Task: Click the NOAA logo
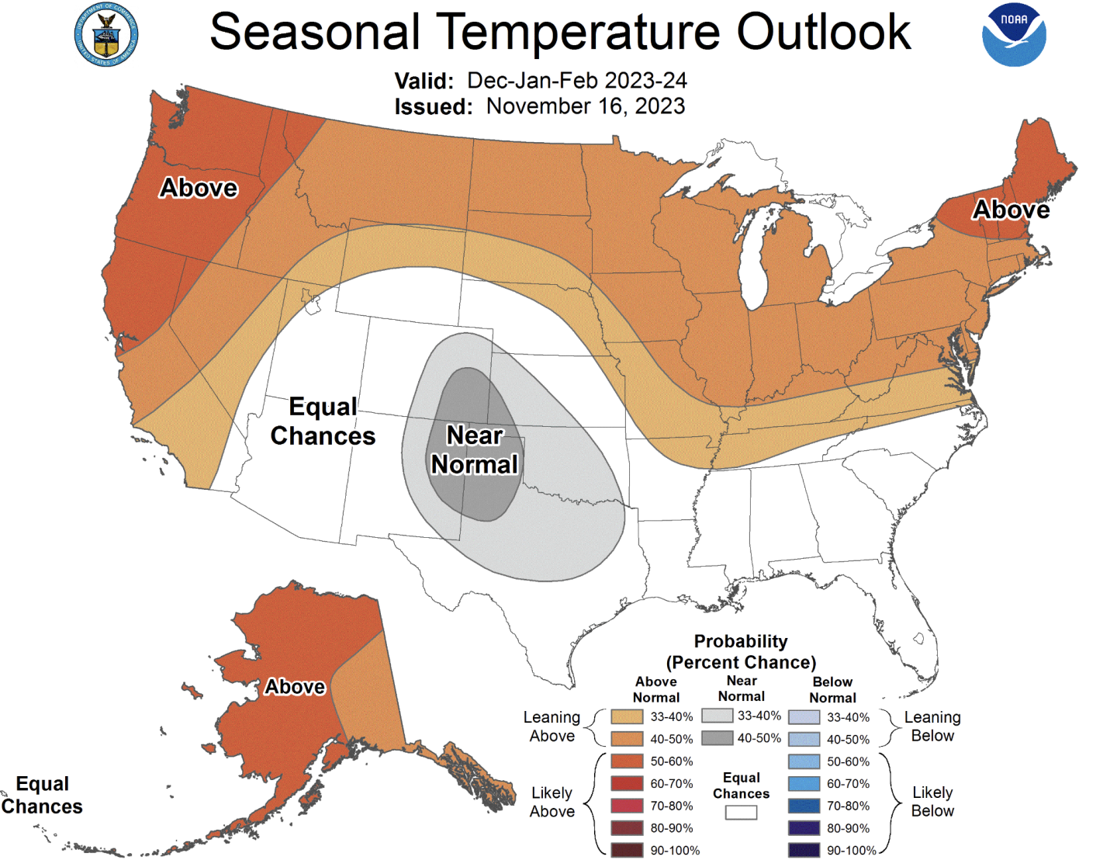[1014, 36]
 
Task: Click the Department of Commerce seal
[106, 35]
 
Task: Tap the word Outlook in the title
[823, 33]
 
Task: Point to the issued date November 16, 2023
[586, 106]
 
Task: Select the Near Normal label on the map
[474, 449]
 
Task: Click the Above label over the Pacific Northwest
[199, 188]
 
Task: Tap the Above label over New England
[1011, 210]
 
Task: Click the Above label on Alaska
[295, 687]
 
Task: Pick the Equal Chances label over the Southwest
[323, 421]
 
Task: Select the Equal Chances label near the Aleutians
[42, 795]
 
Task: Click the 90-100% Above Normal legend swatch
[627, 850]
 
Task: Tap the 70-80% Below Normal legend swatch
[804, 806]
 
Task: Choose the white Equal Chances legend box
[741, 813]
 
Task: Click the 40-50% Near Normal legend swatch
[717, 738]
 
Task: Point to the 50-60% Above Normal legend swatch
[627, 761]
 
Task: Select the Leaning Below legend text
[932, 727]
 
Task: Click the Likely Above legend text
[552, 802]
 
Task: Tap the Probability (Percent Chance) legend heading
[741, 652]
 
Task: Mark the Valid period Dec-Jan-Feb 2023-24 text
[576, 81]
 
